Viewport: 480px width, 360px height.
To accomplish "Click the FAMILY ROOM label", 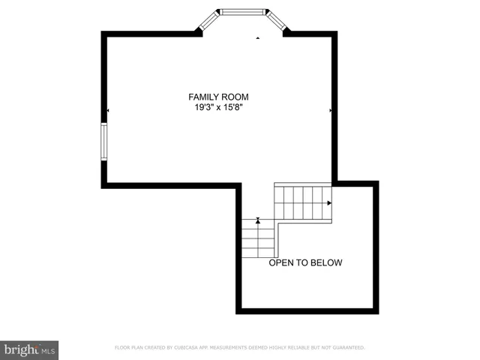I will (218, 97).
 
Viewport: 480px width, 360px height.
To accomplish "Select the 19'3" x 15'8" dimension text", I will (218, 108).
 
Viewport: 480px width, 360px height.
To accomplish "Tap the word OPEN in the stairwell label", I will (282, 262).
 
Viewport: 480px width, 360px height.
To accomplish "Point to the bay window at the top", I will (242, 12).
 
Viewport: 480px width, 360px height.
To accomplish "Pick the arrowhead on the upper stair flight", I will (329, 202).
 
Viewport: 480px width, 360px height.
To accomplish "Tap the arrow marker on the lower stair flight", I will (258, 220).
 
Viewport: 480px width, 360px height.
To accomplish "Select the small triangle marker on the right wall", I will (331, 111).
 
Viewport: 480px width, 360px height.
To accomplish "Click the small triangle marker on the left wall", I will (107, 111).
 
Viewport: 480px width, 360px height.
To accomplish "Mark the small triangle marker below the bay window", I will (257, 37).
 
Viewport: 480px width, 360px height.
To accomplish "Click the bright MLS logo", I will (29, 349).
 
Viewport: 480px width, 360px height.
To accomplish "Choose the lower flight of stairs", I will (258, 238).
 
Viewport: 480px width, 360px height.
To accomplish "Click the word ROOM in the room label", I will (235, 97).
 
